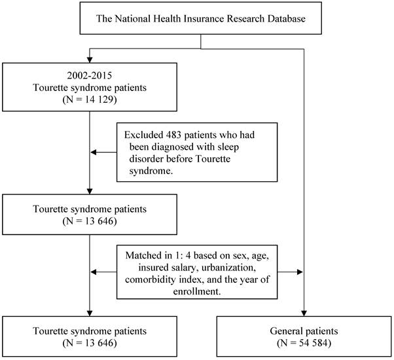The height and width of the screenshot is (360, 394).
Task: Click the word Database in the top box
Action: [x=286, y=18]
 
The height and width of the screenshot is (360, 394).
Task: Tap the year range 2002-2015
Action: [x=90, y=75]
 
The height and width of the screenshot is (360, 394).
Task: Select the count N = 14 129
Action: [x=90, y=99]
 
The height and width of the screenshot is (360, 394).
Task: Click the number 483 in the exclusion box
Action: [x=173, y=135]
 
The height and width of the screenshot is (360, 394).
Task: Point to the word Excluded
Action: [x=144, y=135]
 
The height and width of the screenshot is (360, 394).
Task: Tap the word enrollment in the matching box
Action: [x=197, y=291]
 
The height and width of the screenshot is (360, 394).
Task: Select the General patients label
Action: [x=304, y=331]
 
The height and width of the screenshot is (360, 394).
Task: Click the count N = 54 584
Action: [x=304, y=343]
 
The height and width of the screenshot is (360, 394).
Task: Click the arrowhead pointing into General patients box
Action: [x=304, y=313]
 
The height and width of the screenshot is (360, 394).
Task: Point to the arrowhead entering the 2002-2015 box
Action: [x=90, y=60]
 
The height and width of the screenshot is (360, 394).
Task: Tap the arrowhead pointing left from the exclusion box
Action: [x=93, y=153]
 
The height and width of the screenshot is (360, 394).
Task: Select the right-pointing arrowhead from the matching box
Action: [x=300, y=272]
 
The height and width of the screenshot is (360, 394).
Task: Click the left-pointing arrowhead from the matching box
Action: [x=93, y=272]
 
